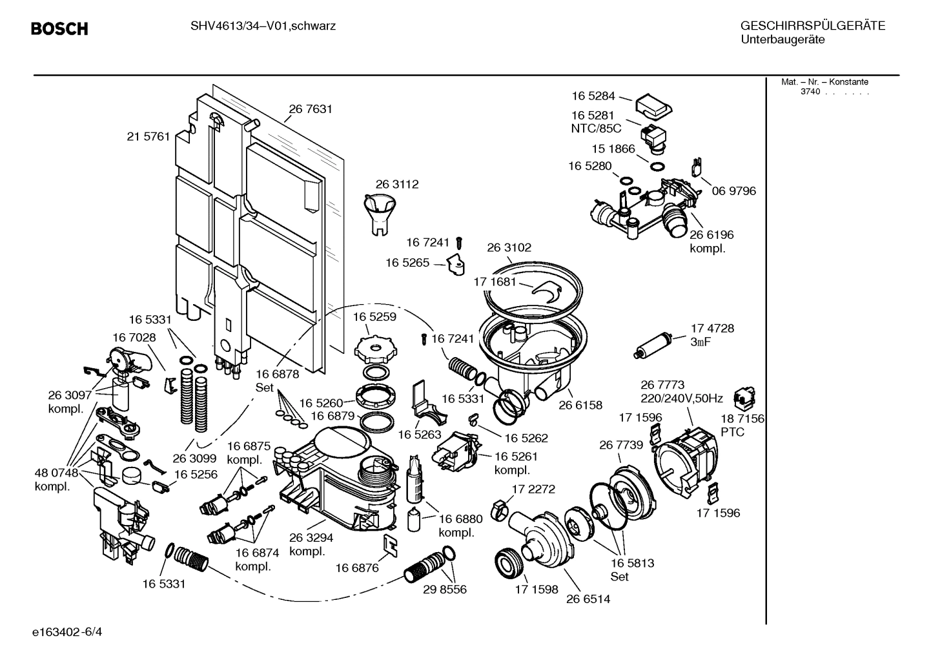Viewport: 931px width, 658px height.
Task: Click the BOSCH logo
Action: pos(59,29)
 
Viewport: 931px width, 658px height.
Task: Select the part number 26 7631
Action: pos(311,109)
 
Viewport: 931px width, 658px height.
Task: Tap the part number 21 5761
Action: pos(148,136)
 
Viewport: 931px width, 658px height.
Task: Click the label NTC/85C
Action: pos(595,129)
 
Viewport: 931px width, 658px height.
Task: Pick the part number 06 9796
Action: pos(733,191)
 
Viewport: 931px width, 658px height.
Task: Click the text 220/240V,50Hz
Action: pos(681,398)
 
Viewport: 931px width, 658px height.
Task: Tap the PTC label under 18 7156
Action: pos(732,432)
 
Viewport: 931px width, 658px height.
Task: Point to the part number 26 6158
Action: pos(580,406)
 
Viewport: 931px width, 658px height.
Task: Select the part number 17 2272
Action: pos(533,489)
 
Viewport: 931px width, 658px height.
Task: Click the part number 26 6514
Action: pos(588,599)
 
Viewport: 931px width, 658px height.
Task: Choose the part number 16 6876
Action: pos(357,568)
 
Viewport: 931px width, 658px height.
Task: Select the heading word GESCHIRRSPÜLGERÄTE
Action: pos(812,26)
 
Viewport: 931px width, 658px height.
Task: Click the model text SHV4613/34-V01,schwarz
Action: pos(263,26)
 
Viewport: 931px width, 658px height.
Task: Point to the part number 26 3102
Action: pos(509,247)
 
